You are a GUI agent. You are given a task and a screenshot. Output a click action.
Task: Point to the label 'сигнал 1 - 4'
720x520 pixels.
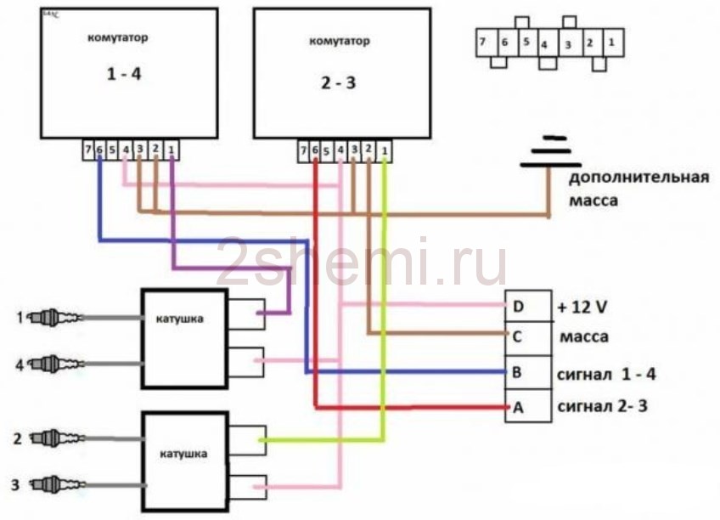tap(606, 373)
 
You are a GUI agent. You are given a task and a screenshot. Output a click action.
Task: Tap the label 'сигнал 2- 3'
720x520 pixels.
tap(602, 407)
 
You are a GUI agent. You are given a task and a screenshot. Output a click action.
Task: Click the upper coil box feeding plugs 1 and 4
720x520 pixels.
tap(184, 337)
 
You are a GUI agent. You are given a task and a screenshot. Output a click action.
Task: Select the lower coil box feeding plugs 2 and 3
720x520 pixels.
tap(184, 460)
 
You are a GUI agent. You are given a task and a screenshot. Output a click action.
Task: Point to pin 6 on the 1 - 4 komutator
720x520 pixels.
tap(99, 150)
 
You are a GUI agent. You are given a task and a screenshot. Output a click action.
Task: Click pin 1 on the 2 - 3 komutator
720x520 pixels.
tap(384, 150)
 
